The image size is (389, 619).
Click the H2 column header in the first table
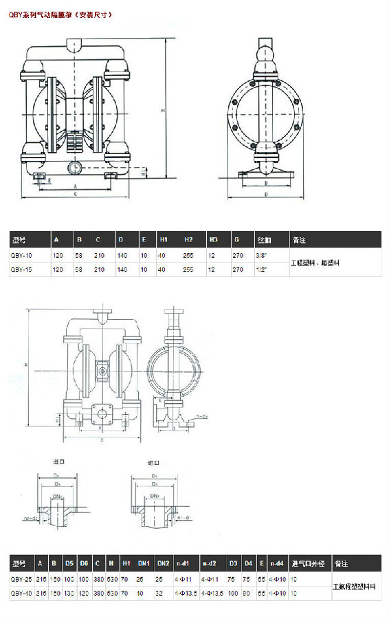click(x=188, y=240)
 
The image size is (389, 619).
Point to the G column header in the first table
click(x=236, y=240)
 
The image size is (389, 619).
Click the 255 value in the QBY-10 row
click(x=188, y=254)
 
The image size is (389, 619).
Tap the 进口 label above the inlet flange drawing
click(x=154, y=462)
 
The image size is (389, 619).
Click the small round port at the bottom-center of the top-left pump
click(x=74, y=166)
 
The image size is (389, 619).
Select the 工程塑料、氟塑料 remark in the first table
click(x=315, y=263)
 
